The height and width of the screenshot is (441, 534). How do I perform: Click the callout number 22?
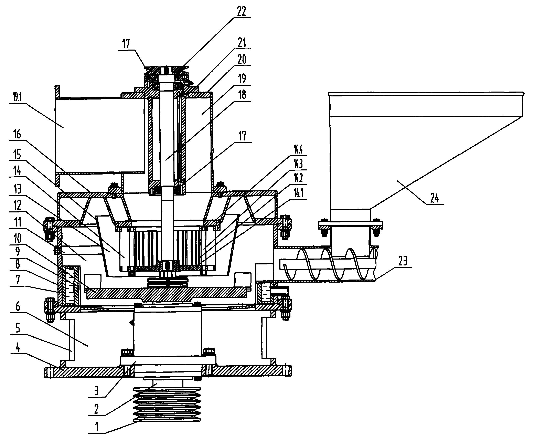tap(241, 11)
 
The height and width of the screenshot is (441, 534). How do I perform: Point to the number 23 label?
tap(403, 261)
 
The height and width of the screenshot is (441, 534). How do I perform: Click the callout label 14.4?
tap(298, 150)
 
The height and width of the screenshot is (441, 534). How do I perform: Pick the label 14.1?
tap(298, 193)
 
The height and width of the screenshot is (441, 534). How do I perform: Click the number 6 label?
tap(18, 307)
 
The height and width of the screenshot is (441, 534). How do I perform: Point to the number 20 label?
tap(242, 60)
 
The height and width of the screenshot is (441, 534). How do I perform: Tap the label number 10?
tap(18, 238)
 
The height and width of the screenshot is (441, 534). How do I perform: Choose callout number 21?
tap(242, 42)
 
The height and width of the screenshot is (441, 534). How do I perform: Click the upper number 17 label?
tap(126, 44)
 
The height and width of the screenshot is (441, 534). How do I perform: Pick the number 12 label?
tap(18, 205)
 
